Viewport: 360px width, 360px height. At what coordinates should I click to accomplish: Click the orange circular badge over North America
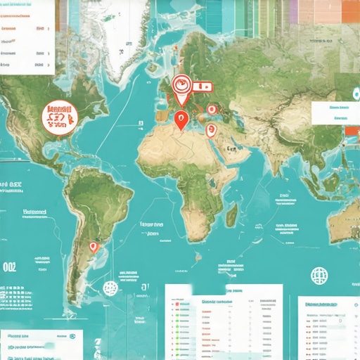click(60, 117)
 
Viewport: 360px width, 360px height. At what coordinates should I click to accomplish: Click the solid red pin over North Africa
click(181, 122)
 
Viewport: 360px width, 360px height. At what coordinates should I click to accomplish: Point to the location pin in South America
click(93, 248)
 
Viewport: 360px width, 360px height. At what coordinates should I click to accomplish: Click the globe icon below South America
click(110, 287)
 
